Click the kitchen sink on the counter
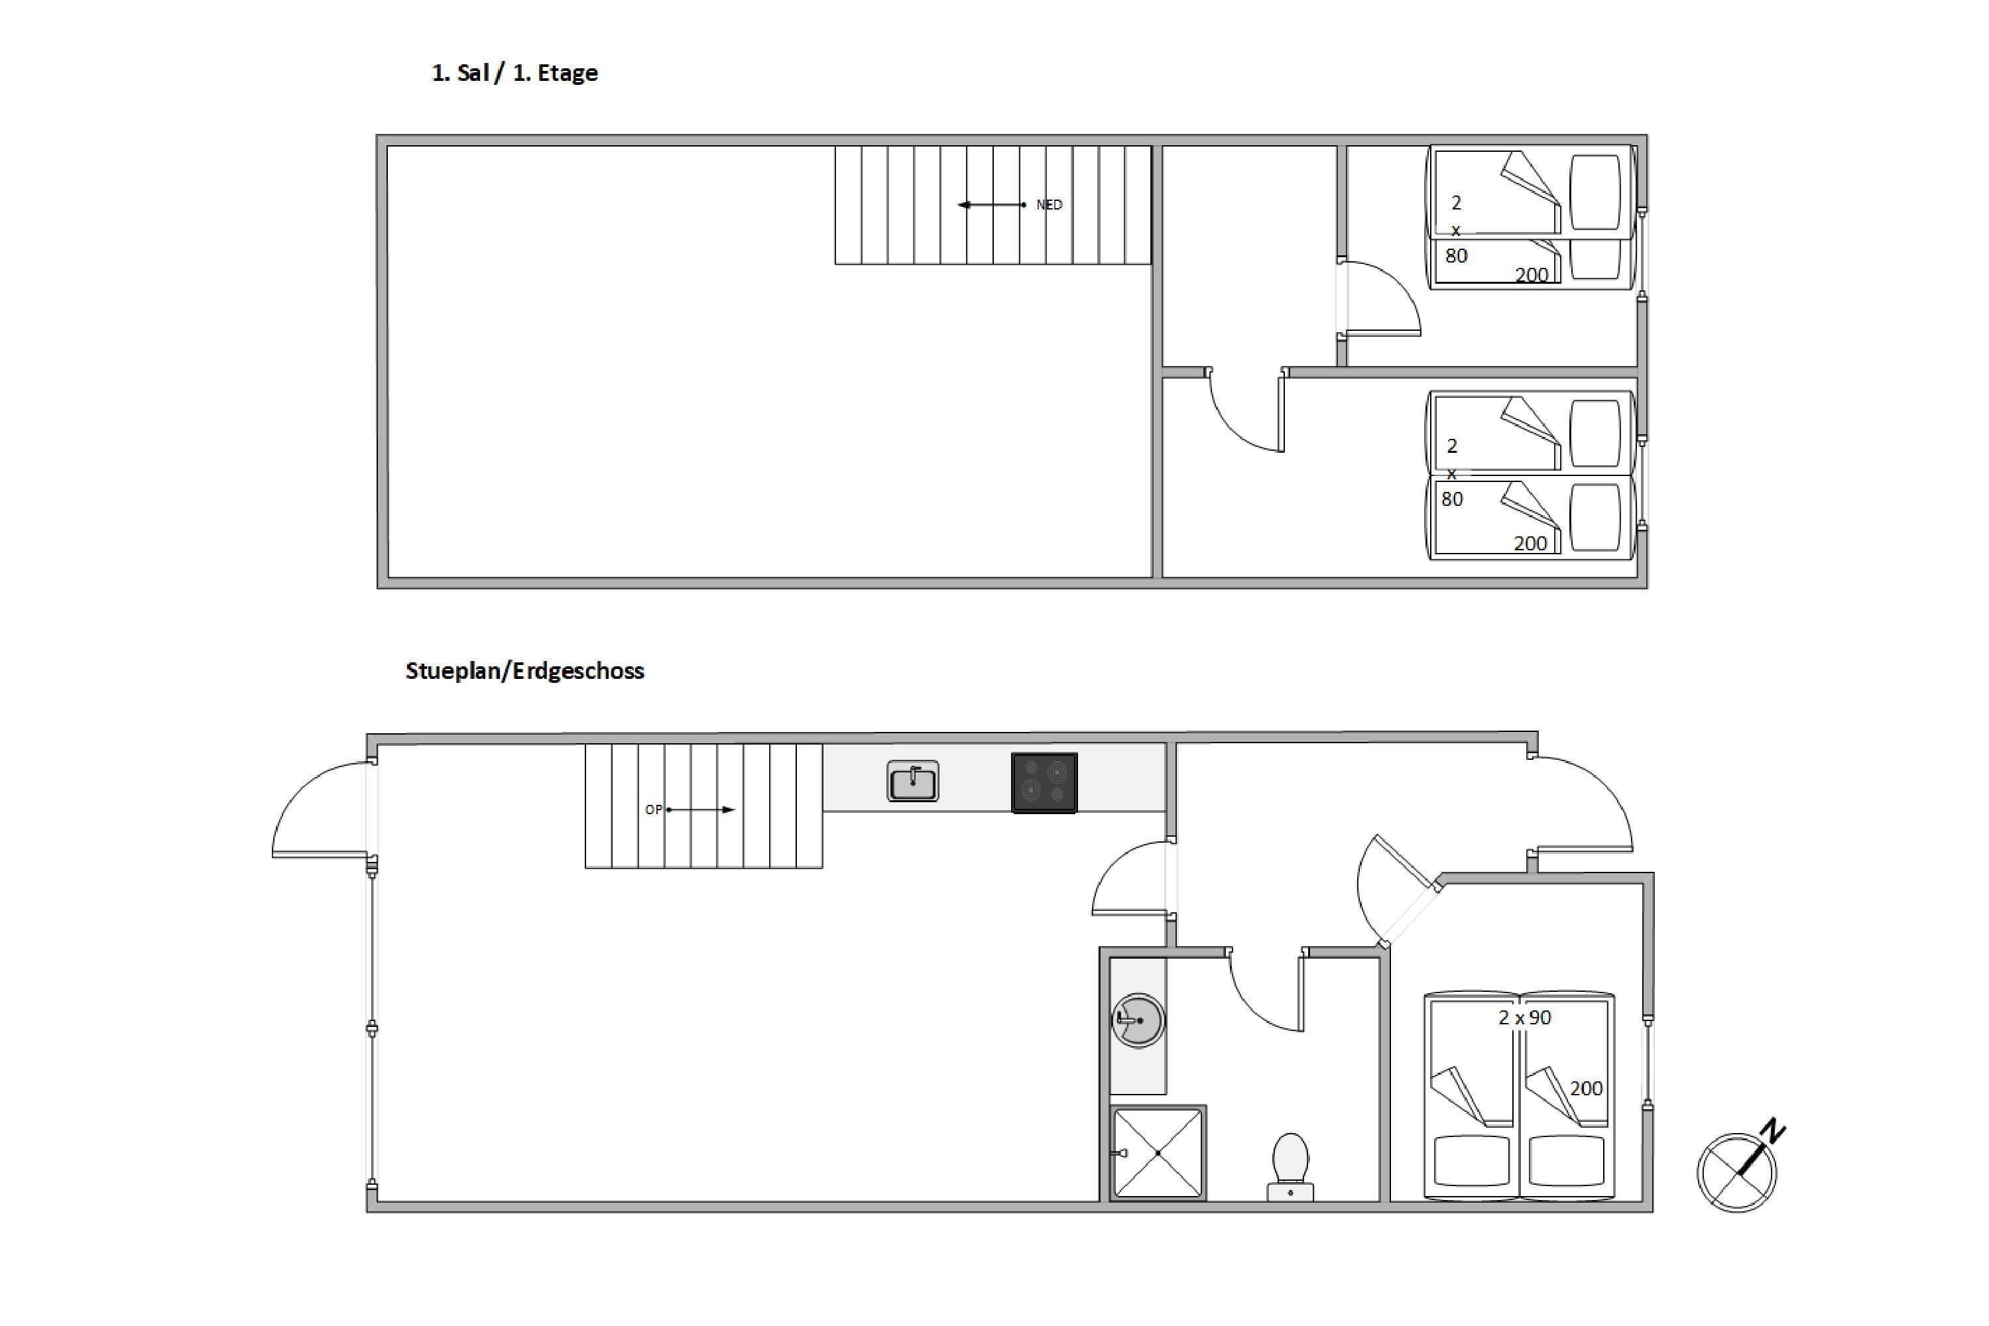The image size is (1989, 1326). point(912,780)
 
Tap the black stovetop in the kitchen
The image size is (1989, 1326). point(1044,783)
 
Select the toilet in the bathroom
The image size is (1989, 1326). point(1290,1167)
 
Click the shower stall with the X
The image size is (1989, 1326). point(1158,1153)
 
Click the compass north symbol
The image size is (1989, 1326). point(1742,1167)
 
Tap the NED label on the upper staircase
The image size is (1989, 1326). point(1049,205)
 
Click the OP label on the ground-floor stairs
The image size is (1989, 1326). point(654,810)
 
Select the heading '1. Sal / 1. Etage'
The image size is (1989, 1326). point(514,73)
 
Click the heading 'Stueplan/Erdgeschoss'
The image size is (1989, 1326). point(524,670)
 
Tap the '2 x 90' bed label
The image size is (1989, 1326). point(1525,1017)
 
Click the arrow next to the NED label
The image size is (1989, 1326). point(991,205)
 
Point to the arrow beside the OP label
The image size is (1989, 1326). point(700,810)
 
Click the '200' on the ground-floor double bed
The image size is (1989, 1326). point(1587,1089)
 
